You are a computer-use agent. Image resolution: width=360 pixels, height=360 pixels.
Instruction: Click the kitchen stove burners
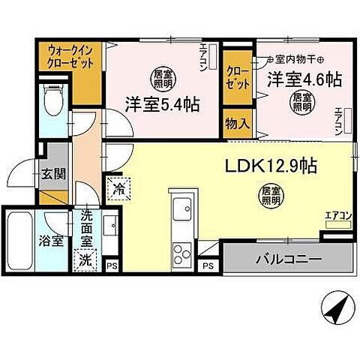pyautogui.click(x=181, y=250)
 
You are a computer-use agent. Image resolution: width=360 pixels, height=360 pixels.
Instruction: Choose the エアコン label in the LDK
pyautogui.click(x=337, y=217)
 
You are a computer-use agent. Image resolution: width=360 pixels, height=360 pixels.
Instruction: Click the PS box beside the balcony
pyautogui.click(x=208, y=265)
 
